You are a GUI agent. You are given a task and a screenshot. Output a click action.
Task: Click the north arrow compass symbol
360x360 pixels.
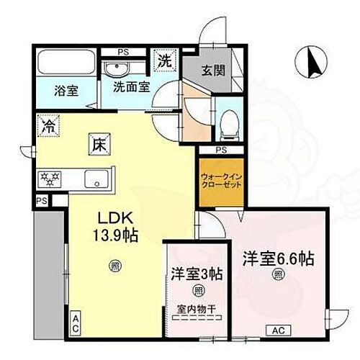(314, 61)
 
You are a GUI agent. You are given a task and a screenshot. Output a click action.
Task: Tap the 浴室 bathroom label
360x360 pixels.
(66, 91)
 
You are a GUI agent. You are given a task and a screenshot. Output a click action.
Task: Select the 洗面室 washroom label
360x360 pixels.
(129, 91)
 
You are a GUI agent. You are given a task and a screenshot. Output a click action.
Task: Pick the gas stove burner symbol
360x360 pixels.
(53, 176)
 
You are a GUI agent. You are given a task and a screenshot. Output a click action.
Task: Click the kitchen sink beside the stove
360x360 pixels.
(96, 177)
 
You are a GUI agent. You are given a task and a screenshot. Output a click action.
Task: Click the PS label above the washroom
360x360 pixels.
(125, 53)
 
